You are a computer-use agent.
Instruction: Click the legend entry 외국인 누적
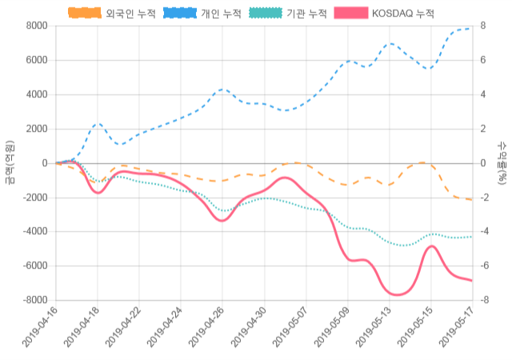[112, 14]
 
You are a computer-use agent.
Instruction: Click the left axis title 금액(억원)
[9, 162]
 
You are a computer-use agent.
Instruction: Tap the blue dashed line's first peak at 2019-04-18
[98, 124]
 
